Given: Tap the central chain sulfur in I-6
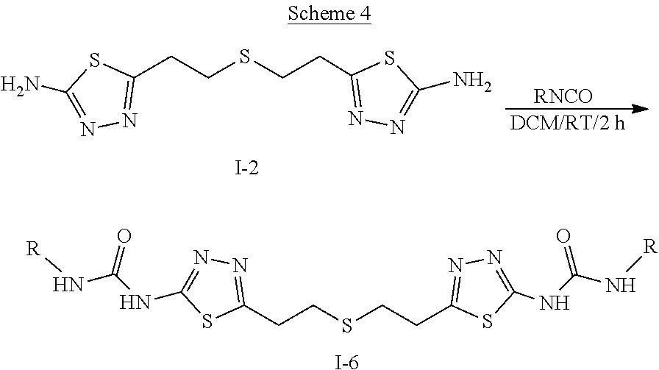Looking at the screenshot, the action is tap(342, 324).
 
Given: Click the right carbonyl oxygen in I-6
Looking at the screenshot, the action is tap(563, 236).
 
